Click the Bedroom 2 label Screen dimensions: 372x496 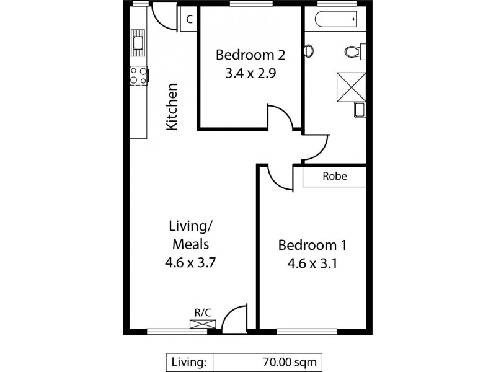tap(250, 55)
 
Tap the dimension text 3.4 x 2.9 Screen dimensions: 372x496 tap(250, 72)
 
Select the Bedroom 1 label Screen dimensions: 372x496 tap(312, 244)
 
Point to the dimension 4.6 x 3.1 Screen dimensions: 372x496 tap(312, 262)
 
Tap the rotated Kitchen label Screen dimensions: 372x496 tap(172, 107)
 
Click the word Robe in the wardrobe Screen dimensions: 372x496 tap(335, 176)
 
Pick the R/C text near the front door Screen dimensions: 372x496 tap(203, 313)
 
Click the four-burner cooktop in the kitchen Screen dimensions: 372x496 tap(138, 76)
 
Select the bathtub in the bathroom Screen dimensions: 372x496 tap(337, 20)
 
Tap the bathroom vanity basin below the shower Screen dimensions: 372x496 tap(360, 110)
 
